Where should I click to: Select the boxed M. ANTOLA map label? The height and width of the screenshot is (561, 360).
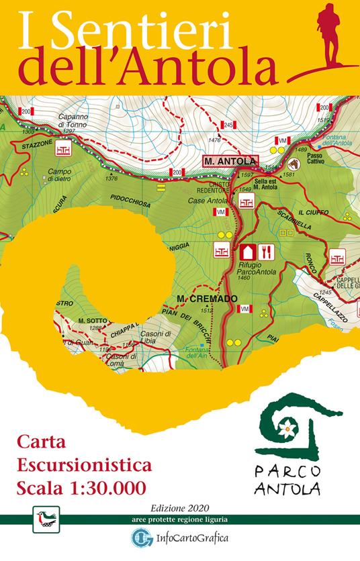click(229, 161)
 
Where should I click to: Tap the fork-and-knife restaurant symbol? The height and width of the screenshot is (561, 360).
click(267, 252)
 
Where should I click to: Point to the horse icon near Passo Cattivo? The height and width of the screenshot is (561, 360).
click(293, 164)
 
